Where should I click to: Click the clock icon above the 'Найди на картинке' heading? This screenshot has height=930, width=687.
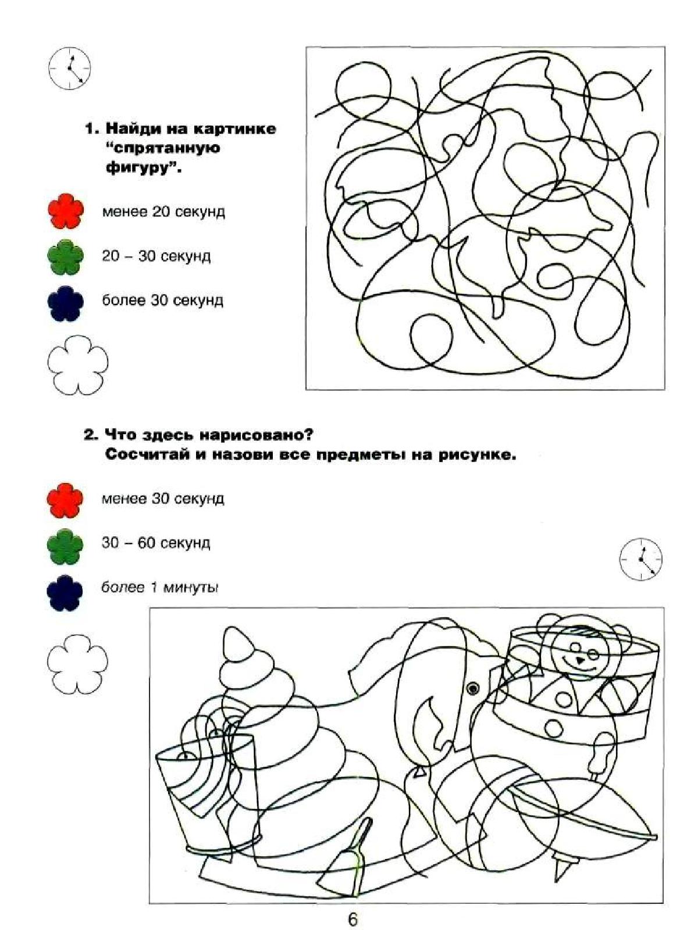[70, 69]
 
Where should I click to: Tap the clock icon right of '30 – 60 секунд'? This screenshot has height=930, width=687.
[641, 560]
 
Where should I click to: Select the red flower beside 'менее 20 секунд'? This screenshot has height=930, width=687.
[66, 211]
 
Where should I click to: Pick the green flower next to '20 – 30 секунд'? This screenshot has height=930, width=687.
[66, 256]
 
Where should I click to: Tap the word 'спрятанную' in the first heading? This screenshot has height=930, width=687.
[162, 148]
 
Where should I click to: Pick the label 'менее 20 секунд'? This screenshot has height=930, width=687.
[163, 212]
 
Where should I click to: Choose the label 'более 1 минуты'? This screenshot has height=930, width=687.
[160, 588]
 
